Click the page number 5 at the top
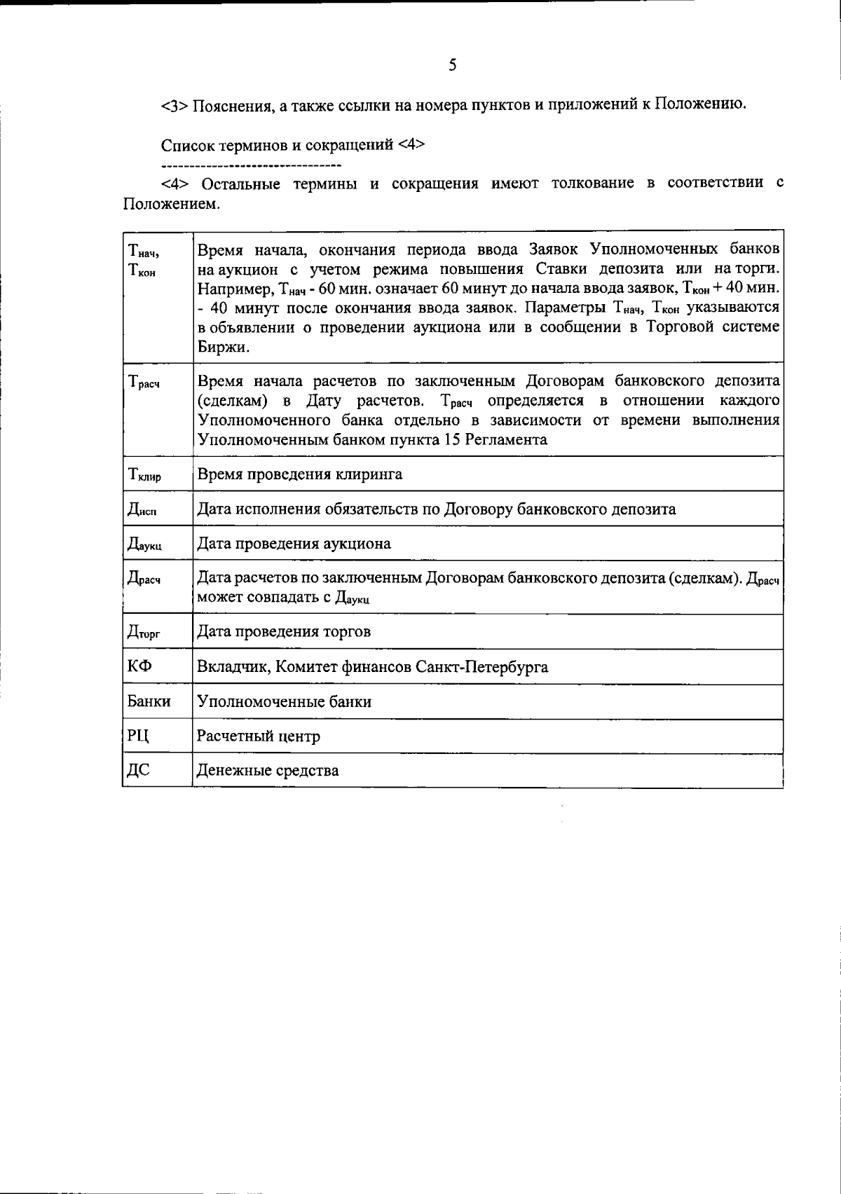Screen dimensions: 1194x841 [452, 66]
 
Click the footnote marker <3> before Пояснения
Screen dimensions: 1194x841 [175, 107]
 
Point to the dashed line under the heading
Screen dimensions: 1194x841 [251, 166]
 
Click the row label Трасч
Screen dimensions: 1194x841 [144, 383]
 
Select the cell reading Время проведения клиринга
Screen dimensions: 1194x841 [300, 474]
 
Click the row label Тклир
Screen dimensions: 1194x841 [144, 476]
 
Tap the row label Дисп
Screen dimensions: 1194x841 [142, 510]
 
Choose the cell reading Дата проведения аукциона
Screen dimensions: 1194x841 [294, 544]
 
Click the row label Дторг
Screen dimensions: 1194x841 [144, 633]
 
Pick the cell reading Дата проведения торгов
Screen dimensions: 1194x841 [284, 631]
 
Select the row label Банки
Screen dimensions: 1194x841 [149, 701]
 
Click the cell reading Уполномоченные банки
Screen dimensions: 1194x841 [284, 701]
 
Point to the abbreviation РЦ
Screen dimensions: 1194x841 [138, 736]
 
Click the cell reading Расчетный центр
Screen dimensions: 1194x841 [259, 736]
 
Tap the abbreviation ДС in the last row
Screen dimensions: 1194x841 [138, 771]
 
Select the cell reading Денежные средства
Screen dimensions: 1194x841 [268, 771]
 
